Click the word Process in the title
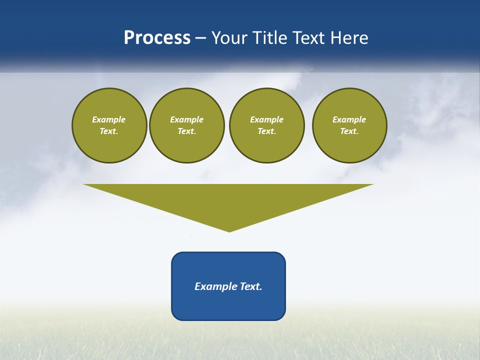157,38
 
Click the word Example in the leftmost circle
109,119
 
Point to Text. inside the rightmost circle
349,131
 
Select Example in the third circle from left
266,119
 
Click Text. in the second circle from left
186,131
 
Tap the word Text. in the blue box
250,286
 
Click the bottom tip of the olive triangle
229,230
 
